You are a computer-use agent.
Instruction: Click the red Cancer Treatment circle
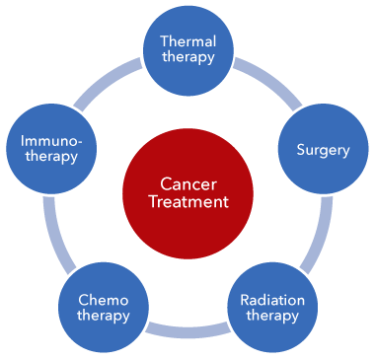coord(187,191)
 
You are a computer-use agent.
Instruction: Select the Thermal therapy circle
coord(187,49)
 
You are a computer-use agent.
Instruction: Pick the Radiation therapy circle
coord(272,307)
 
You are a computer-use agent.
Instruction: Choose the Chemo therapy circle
coord(104,307)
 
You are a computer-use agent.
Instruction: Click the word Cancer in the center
coord(187,182)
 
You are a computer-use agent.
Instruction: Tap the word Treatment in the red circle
coord(187,201)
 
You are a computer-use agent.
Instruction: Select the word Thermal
coord(187,41)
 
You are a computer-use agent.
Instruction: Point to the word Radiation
coord(272,299)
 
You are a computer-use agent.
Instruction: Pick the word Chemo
coord(104,299)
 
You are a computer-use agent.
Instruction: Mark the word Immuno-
coord(51,140)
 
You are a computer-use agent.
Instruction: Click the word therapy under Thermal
coord(187,58)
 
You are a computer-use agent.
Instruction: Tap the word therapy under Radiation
coord(272,316)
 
